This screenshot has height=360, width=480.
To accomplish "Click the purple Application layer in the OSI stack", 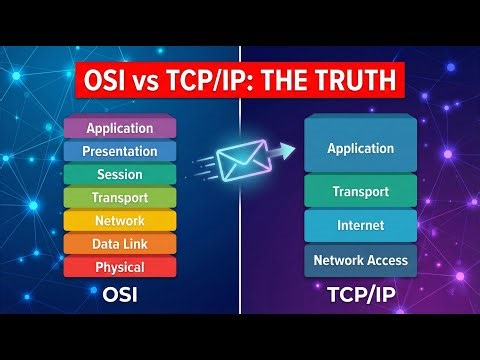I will click(120, 128).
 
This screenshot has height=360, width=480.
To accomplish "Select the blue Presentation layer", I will click(120, 151).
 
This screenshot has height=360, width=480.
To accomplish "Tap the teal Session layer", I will click(120, 174).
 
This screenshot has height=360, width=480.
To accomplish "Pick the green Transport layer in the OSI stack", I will click(120, 197).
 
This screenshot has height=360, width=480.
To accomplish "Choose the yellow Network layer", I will click(120, 220).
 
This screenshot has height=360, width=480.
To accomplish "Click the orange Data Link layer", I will click(120, 243).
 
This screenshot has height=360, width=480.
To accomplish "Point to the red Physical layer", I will click(120, 267).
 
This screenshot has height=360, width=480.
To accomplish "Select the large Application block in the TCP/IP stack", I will click(360, 148).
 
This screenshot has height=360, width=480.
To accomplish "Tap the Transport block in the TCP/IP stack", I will click(360, 191).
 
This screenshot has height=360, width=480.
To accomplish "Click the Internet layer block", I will click(360, 226).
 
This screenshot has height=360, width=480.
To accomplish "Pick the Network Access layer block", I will click(360, 260).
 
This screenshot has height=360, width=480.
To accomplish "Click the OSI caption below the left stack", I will click(120, 296).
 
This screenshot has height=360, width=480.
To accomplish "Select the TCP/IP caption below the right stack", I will click(360, 296).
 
